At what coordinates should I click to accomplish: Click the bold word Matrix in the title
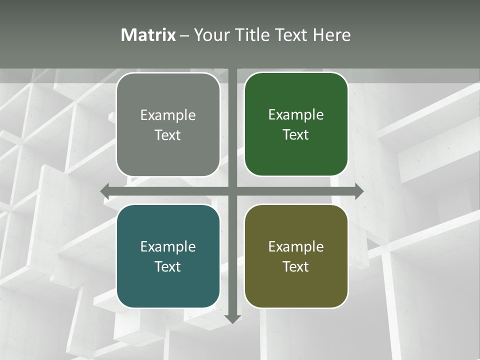coord(148,35)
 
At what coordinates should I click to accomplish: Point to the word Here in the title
coord(332,35)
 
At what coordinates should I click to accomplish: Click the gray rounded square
coord(168,124)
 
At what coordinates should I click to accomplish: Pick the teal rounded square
coord(168,256)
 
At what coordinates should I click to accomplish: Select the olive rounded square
coord(296,256)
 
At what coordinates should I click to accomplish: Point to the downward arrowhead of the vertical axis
coord(232,318)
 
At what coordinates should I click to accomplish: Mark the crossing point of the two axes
coord(232,191)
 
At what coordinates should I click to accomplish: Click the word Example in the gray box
coord(168,115)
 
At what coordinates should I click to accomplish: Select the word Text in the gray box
coord(168,135)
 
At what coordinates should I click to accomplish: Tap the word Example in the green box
coord(296,115)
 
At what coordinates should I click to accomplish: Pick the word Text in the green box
coord(296,134)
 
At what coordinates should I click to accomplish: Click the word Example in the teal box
coord(168,247)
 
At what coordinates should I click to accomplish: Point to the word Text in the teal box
coord(168,266)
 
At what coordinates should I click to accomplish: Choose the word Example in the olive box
coord(296,247)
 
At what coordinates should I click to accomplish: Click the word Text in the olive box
coord(296,266)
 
